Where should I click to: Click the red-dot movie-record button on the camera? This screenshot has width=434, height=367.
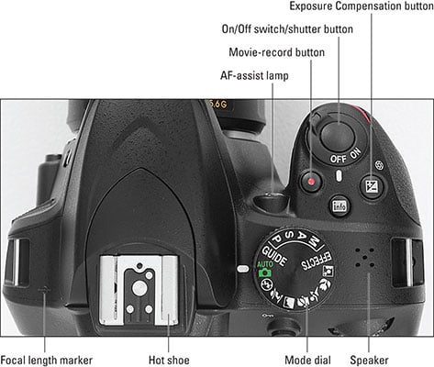[x=311, y=182]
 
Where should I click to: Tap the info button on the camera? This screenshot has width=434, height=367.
[x=339, y=206]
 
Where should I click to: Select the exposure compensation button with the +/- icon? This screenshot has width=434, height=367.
[x=372, y=186]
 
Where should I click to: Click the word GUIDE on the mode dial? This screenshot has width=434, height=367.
[x=274, y=256]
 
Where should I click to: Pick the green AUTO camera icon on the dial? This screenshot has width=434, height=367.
[x=265, y=269]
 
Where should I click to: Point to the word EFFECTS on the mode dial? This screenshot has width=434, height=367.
[x=317, y=261]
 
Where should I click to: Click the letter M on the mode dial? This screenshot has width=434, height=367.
[x=314, y=241]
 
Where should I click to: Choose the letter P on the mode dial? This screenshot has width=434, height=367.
[x=276, y=238]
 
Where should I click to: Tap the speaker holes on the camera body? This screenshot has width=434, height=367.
[x=364, y=257]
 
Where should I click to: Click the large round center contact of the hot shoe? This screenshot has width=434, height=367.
[x=139, y=287]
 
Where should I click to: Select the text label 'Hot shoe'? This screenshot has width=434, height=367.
[x=169, y=360]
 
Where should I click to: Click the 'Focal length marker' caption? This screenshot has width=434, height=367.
[x=46, y=360]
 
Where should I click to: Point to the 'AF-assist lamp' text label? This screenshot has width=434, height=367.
[x=254, y=75]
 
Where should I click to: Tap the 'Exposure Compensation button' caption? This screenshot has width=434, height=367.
[x=362, y=6]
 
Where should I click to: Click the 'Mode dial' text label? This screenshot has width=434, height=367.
[x=307, y=360]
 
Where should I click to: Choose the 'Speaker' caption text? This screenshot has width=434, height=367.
[x=369, y=360]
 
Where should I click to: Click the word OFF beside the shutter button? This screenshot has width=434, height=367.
[x=338, y=159]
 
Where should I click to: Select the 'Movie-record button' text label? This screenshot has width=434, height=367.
[x=277, y=52]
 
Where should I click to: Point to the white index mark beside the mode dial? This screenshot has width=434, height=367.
[x=243, y=269]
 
